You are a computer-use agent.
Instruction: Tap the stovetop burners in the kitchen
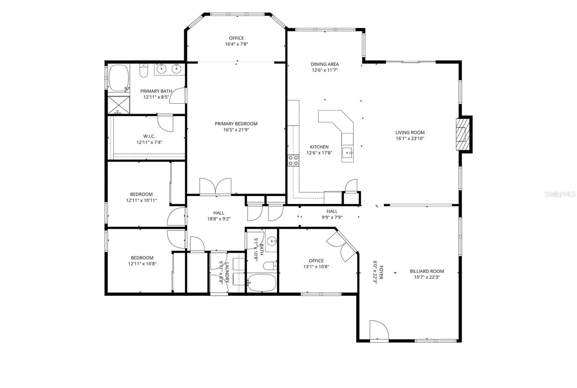[x=293, y=160]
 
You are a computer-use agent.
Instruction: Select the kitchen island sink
[x=348, y=153]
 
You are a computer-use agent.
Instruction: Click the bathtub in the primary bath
[x=119, y=78]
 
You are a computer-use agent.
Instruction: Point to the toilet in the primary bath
[x=144, y=70]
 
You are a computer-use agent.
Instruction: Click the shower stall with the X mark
[x=119, y=105]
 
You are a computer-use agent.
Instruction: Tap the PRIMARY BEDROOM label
[x=236, y=124]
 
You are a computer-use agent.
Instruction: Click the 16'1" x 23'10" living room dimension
[x=410, y=138]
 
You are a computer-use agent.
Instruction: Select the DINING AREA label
[x=325, y=64]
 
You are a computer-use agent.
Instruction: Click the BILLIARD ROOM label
[x=427, y=271]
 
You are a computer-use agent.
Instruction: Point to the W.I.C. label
[x=149, y=136]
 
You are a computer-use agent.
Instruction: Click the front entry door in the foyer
[x=379, y=331]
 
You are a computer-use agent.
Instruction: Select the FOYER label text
[x=381, y=272]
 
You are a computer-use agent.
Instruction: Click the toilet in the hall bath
[x=270, y=266]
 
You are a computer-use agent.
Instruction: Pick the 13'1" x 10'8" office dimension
[x=316, y=266]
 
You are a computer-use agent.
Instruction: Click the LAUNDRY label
[x=227, y=273]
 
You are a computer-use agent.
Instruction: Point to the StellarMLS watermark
[x=559, y=194]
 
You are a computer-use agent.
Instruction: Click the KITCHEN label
[x=319, y=147]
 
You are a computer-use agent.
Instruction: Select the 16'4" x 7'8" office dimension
[x=236, y=44]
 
